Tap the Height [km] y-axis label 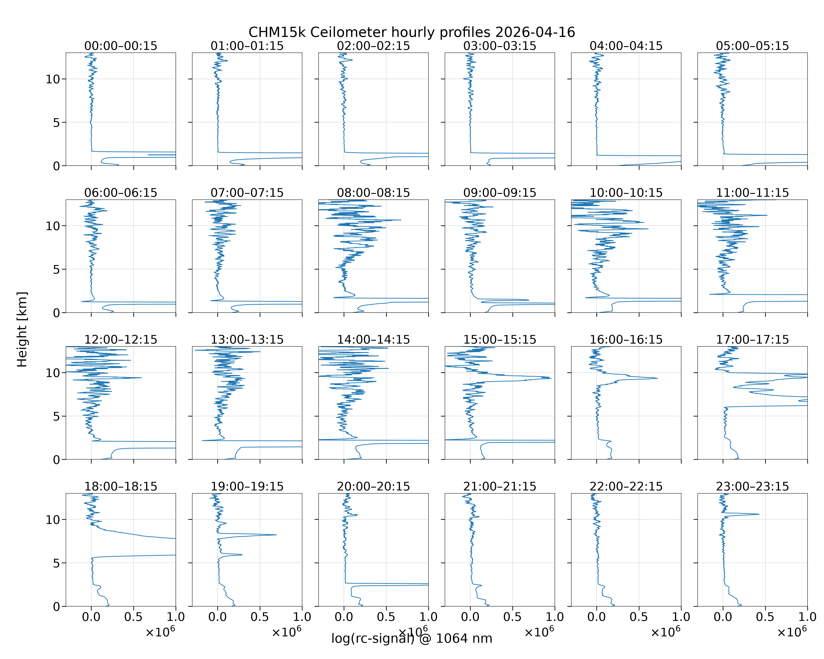tap(22, 329)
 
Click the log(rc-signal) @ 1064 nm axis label tap(412, 638)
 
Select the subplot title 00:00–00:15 tap(121, 46)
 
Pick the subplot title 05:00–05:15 tap(753, 46)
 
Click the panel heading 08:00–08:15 tap(373, 193)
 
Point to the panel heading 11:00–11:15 tap(753, 193)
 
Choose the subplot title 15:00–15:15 tap(500, 340)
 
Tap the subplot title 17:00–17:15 tap(753, 340)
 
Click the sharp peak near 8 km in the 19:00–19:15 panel tap(276, 535)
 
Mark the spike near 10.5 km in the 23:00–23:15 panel tap(759, 514)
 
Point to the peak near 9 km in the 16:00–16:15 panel tap(657, 378)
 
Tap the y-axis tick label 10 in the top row tap(53, 80)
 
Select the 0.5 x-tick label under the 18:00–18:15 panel tap(133, 617)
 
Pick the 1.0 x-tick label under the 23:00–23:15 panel tap(807, 617)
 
